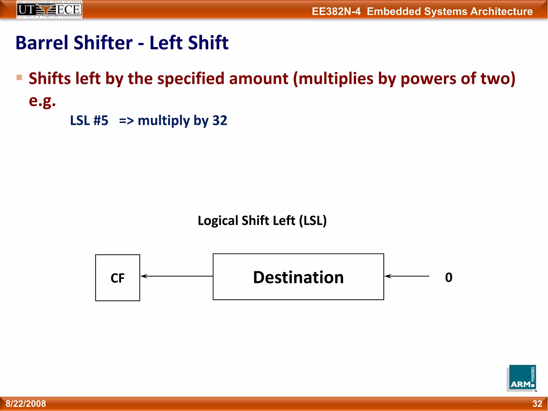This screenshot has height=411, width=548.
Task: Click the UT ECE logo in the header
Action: click(x=49, y=10)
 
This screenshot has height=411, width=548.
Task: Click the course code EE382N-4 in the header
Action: click(x=336, y=12)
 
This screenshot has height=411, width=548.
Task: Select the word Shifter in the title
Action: click(x=103, y=43)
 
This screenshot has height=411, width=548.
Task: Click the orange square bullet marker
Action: click(x=19, y=78)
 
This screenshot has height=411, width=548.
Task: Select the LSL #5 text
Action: click(x=89, y=120)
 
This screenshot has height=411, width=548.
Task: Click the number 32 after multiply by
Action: click(x=220, y=120)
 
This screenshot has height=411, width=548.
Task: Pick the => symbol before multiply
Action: click(x=126, y=121)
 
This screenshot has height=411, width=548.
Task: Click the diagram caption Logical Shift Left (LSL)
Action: click(x=262, y=221)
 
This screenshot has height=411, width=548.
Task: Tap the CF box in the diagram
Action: click(x=118, y=278)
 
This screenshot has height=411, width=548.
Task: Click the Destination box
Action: click(x=298, y=277)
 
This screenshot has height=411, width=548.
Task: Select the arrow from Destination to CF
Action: click(x=177, y=276)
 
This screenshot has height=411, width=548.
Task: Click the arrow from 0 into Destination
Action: click(x=407, y=276)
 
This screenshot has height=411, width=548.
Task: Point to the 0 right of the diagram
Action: click(x=449, y=277)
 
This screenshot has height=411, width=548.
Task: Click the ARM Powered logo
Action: click(x=522, y=378)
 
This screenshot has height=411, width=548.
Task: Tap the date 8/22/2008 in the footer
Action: click(x=26, y=404)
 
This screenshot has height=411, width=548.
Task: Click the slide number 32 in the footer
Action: click(x=537, y=404)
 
